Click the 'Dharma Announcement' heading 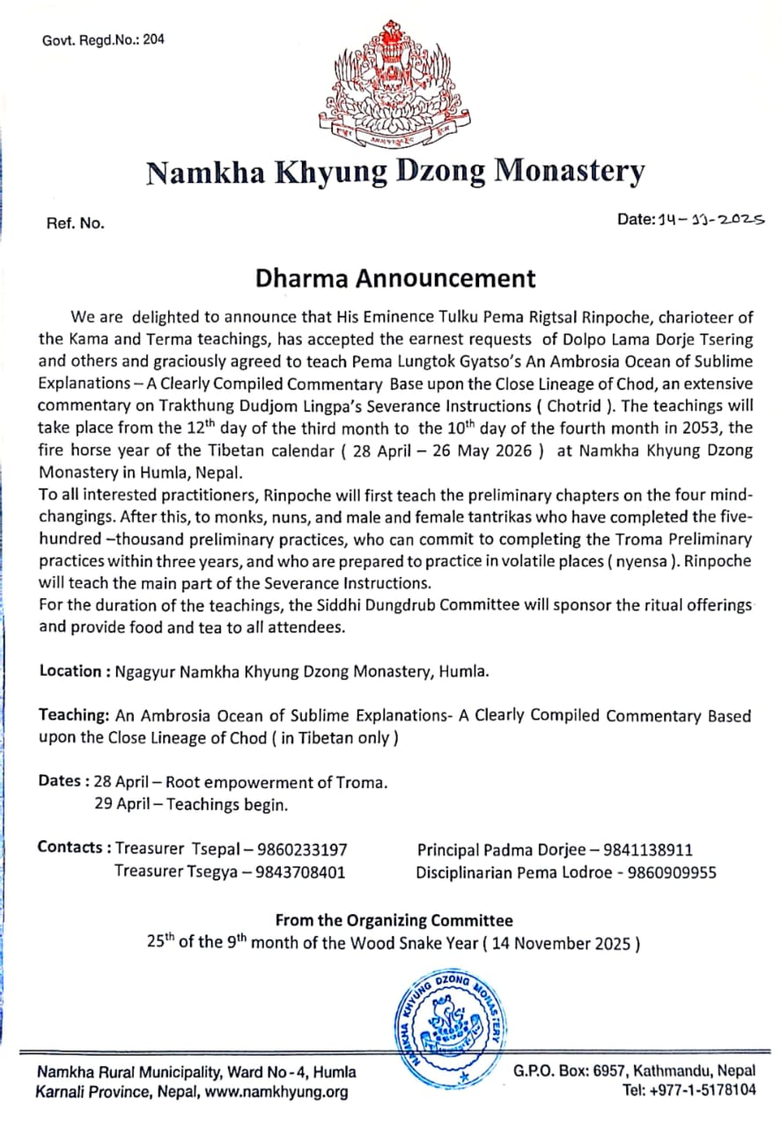pos(395,278)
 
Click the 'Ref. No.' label pos(75,223)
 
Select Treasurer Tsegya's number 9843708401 pos(300,873)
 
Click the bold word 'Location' pos(70,671)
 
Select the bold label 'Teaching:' pos(73,715)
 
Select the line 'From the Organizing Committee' pos(394,920)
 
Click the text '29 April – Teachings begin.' pos(191,804)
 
